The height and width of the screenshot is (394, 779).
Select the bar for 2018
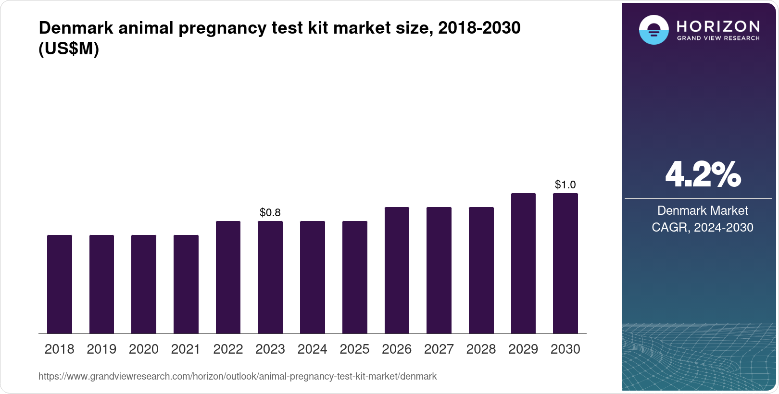(60, 284)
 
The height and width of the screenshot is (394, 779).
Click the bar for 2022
(228, 277)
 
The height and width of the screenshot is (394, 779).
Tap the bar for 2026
(397, 270)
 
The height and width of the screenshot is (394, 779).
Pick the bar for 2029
(523, 263)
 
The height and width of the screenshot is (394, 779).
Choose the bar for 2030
(565, 263)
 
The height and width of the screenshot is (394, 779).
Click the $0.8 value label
(270, 212)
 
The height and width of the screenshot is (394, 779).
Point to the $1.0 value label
(565, 185)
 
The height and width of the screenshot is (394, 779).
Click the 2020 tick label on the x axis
(144, 349)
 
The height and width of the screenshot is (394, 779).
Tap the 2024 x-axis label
(313, 349)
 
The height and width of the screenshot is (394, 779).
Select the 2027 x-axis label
(439, 349)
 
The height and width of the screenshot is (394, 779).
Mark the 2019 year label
(101, 349)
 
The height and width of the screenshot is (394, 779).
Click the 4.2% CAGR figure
(703, 175)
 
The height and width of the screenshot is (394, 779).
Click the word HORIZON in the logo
(718, 26)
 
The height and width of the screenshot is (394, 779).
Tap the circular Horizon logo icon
(653, 30)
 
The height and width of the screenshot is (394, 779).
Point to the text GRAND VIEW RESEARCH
(718, 38)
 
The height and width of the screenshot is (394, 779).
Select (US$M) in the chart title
(69, 49)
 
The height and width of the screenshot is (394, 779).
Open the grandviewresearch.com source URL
(238, 376)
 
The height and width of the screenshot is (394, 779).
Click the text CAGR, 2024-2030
(703, 227)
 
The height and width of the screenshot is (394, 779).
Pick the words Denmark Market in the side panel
(703, 210)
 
